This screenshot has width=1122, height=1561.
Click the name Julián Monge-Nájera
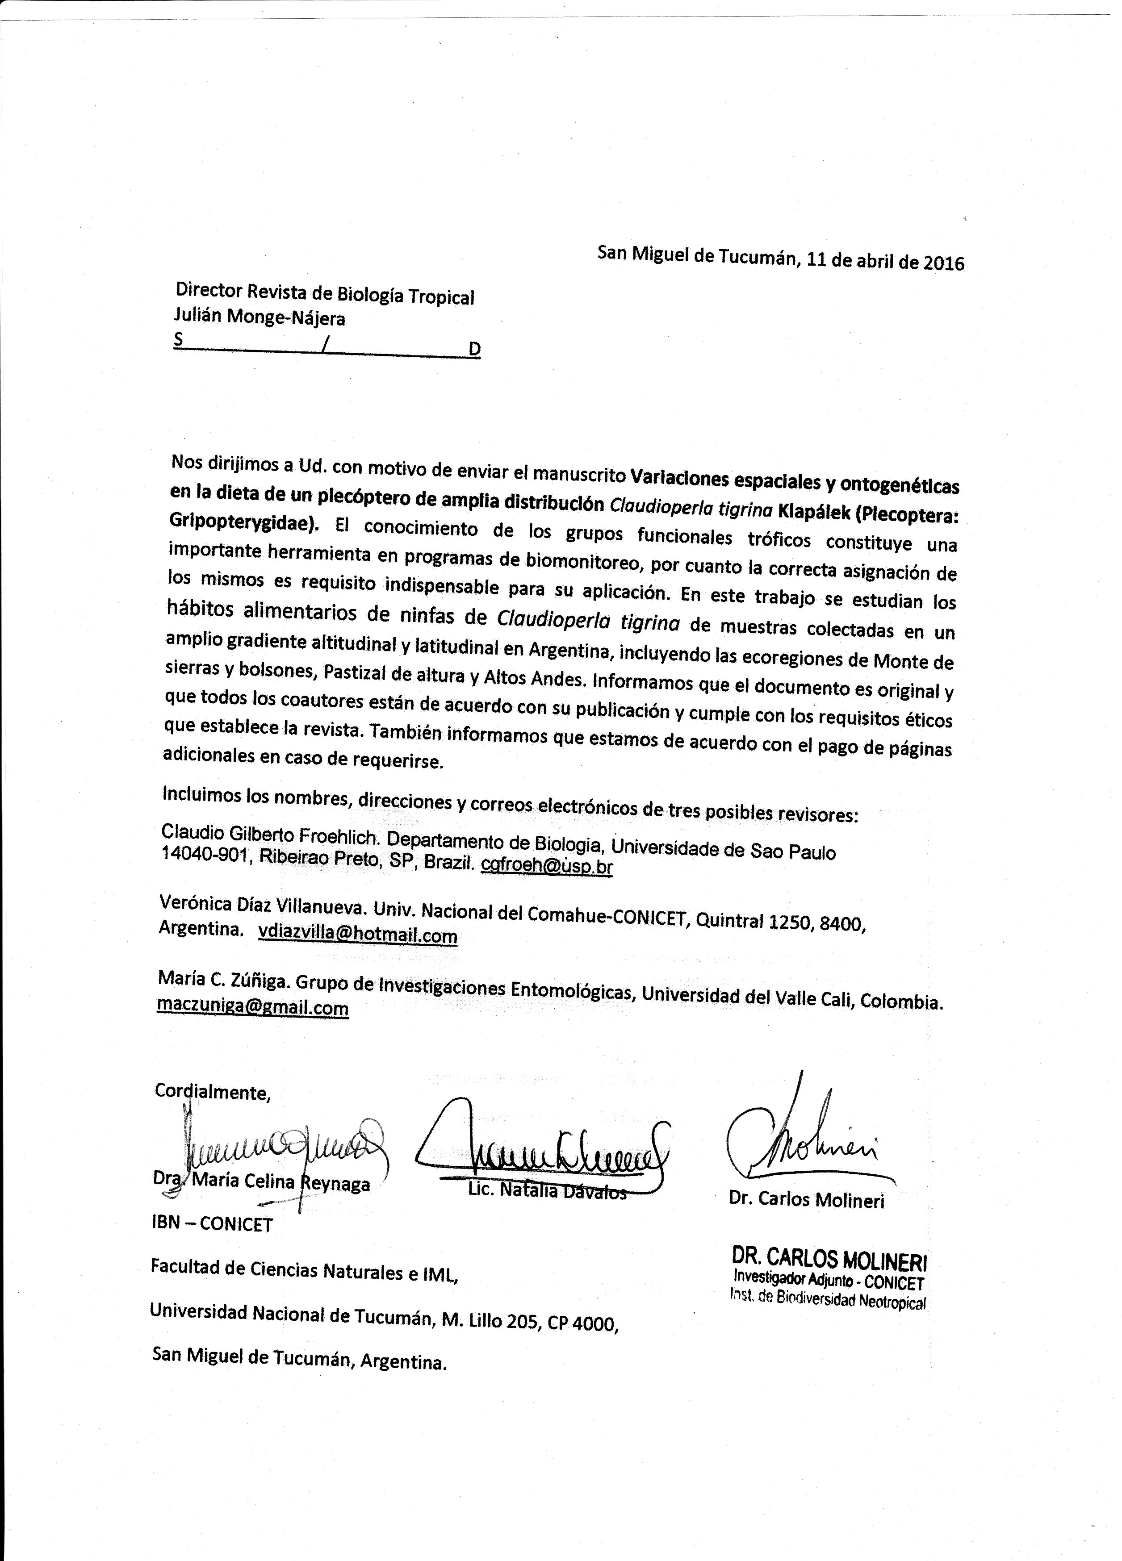[260, 318]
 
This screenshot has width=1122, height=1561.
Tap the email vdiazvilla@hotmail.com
[357, 934]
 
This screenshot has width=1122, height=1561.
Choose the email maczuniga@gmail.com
[253, 1008]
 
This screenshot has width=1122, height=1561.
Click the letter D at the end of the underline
[474, 350]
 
